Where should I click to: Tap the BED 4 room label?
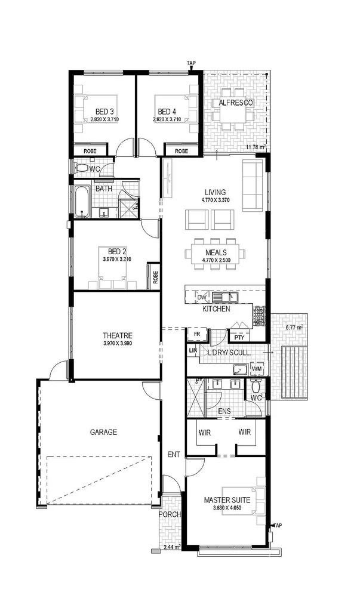[167, 111]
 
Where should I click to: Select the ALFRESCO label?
[236, 103]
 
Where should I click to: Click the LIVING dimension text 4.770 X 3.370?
[215, 200]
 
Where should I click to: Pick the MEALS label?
[215, 252]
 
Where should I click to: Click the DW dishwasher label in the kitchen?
[201, 297]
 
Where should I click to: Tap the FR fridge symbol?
[196, 334]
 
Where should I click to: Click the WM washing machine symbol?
[257, 370]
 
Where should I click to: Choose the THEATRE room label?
[117, 335]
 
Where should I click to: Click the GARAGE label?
[103, 432]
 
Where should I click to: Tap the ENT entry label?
[174, 455]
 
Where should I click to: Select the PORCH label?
[169, 514]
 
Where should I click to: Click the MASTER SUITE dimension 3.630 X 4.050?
[226, 508]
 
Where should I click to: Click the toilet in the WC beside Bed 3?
[82, 168]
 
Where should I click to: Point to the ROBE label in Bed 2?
[155, 277]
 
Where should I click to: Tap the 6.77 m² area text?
[294, 328]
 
